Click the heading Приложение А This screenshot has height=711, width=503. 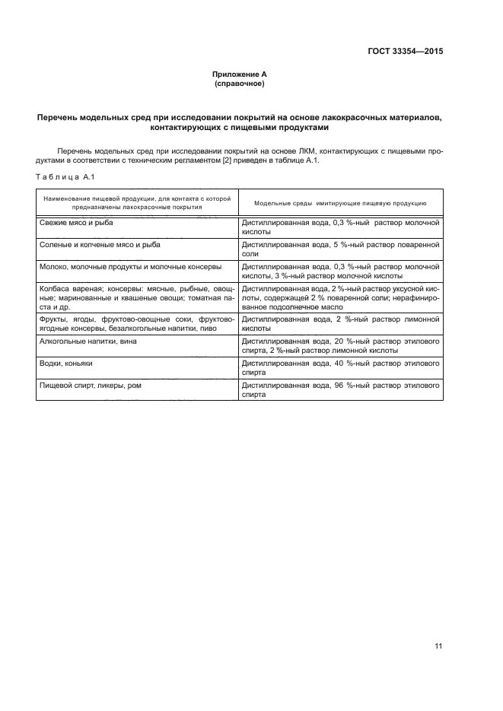coord(239,74)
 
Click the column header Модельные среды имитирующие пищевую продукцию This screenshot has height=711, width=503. coord(339,203)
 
